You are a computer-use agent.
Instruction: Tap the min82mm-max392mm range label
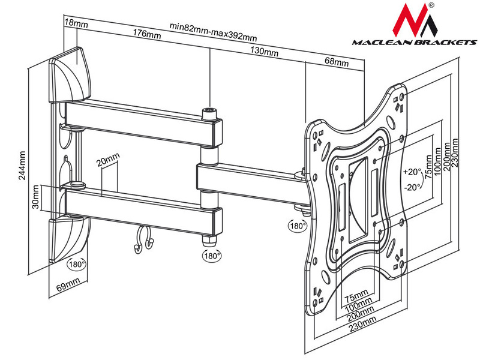tap(210, 26)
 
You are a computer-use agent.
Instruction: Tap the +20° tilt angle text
tap(412, 170)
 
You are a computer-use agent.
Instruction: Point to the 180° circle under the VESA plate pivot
tap(297, 227)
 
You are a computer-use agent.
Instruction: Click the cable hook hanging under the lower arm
tap(144, 240)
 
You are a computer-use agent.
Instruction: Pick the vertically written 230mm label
tap(457, 154)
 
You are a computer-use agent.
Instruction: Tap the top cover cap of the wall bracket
tap(71, 72)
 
